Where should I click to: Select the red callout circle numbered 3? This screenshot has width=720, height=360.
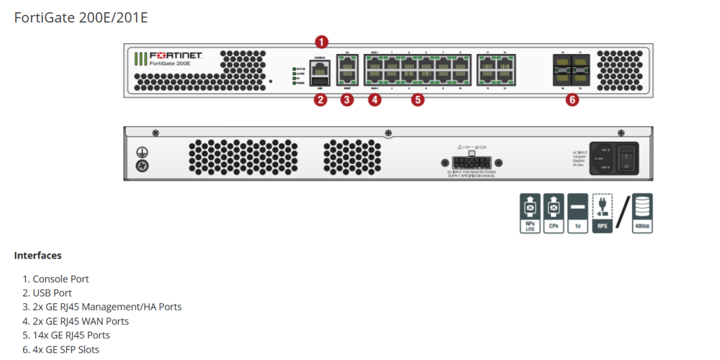click(347, 100)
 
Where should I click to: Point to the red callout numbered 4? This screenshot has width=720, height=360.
click(374, 100)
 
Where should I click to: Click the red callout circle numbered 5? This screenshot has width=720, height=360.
click(418, 100)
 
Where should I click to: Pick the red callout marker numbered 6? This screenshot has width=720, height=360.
click(572, 100)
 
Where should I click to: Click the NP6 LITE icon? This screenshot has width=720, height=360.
click(531, 212)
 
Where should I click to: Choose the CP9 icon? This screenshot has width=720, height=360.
click(554, 212)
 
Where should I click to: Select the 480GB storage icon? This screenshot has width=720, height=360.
click(642, 212)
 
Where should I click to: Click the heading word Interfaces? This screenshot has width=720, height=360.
click(37, 256)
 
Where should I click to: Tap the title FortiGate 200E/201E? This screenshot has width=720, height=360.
click(81, 17)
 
